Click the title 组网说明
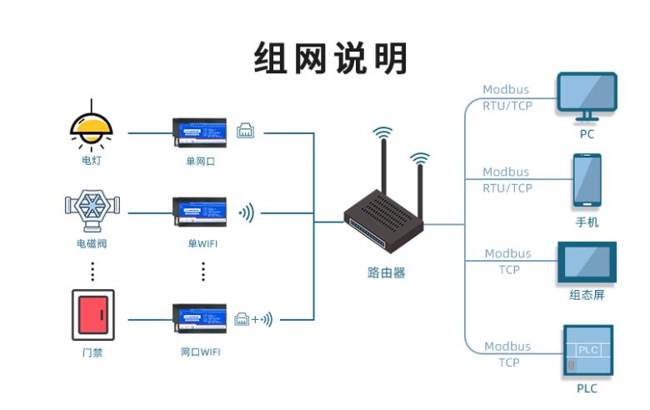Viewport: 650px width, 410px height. [x=331, y=59]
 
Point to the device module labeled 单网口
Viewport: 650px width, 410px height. [x=199, y=132]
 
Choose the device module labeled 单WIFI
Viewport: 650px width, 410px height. [x=199, y=212]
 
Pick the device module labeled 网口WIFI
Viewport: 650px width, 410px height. [x=199, y=318]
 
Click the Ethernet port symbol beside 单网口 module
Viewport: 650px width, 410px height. [x=246, y=131]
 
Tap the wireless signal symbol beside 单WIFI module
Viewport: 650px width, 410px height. [x=247, y=213]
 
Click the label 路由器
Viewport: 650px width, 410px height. [x=386, y=272]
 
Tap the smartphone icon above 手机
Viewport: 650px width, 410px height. [x=587, y=180]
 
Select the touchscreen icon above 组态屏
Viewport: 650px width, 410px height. [x=587, y=263]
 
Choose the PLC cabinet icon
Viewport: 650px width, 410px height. [x=587, y=350]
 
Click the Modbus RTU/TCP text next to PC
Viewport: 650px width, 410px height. [x=507, y=97]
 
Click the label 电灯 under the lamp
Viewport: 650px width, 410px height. [x=92, y=161]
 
